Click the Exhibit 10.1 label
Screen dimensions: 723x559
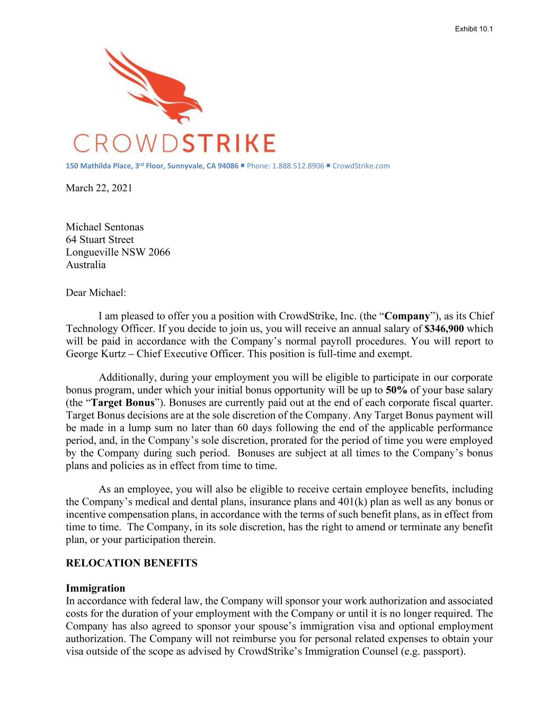click(474, 29)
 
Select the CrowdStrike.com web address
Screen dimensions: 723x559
click(361, 166)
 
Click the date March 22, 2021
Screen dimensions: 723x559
click(99, 188)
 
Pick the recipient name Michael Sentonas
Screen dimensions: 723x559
click(104, 227)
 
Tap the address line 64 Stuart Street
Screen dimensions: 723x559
click(100, 239)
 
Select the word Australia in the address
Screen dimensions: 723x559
click(85, 265)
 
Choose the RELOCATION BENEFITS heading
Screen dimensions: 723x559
click(131, 563)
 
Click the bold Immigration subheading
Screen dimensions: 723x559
click(95, 588)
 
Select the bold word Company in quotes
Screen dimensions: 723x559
click(407, 316)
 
